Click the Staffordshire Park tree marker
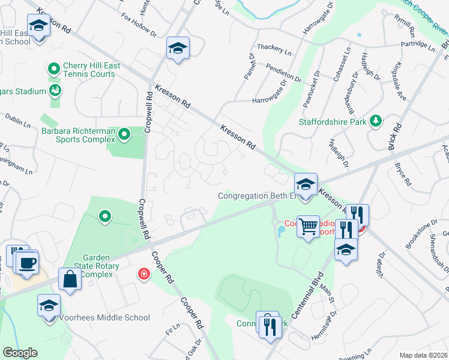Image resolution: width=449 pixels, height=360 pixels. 376,121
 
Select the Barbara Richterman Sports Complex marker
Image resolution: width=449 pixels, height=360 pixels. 124,134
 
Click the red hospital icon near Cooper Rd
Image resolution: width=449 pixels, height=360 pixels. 143,274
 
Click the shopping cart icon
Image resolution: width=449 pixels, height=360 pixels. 309,226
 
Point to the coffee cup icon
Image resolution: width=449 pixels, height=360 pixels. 28,262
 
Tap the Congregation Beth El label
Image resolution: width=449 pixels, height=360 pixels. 258,196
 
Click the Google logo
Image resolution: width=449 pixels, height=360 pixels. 19,353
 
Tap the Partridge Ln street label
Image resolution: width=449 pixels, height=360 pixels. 419,44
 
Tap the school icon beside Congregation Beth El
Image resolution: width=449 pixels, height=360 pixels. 306,184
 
